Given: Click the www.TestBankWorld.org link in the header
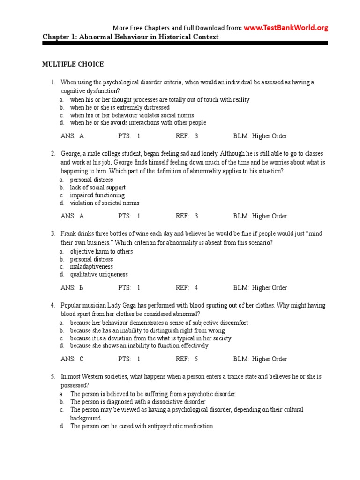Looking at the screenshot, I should point(285,28).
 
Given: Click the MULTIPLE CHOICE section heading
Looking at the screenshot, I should point(73,64).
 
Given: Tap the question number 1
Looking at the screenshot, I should point(53,82).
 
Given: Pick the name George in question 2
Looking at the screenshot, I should point(71,154).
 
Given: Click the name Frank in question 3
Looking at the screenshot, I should point(69,233).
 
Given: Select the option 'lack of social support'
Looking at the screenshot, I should point(97,187).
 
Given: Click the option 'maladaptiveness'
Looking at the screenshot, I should point(91,267).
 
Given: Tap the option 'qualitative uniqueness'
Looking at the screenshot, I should point(99,275).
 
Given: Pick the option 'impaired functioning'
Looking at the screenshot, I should point(97,195).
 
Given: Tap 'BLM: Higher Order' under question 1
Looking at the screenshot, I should point(260,136).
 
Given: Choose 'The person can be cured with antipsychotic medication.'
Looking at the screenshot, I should point(142,427).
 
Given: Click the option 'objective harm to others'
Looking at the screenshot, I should point(101,251).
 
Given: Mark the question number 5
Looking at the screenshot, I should point(53,377).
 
